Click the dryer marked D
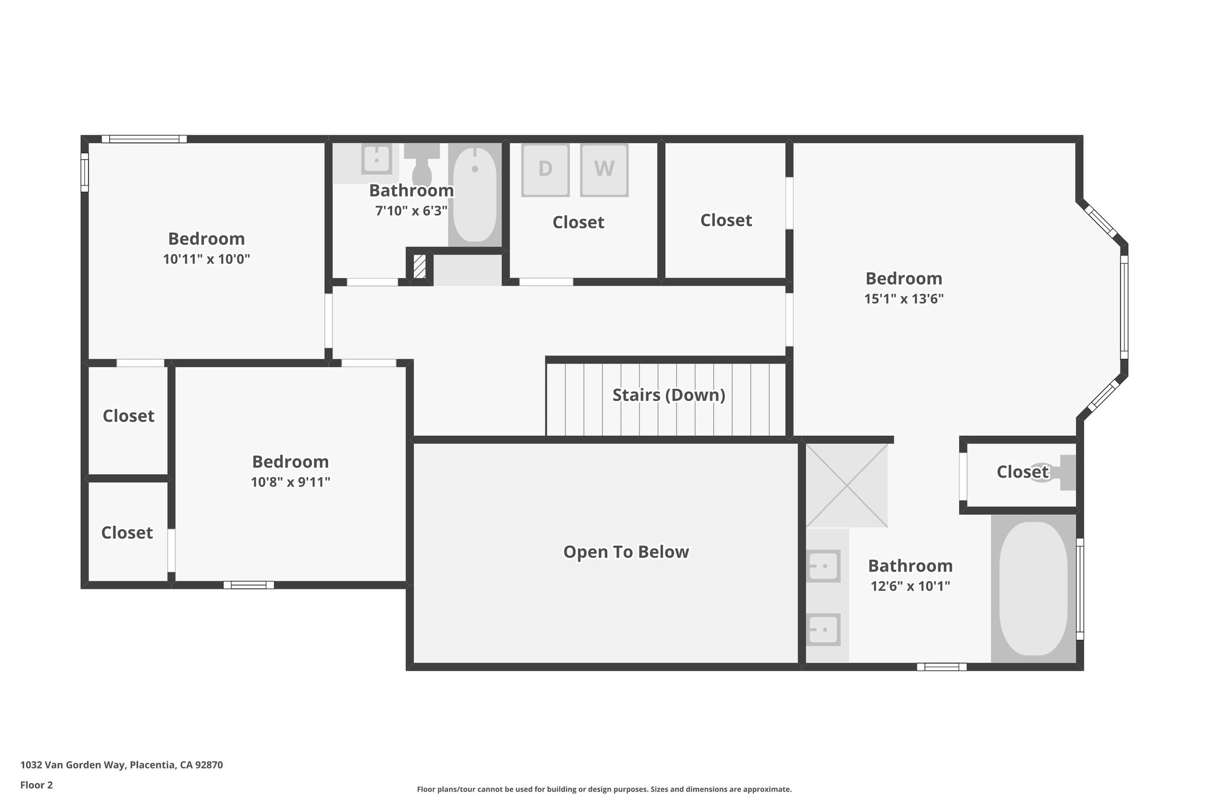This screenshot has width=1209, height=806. pyautogui.click(x=545, y=170)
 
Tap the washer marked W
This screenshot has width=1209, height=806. pyautogui.click(x=604, y=170)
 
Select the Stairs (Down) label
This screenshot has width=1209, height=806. pyautogui.click(x=669, y=395)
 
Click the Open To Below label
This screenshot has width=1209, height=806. pyautogui.click(x=626, y=552)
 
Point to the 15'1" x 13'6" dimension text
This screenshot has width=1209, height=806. pyautogui.click(x=904, y=299)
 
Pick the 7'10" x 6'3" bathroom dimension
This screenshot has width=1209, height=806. pyautogui.click(x=411, y=211)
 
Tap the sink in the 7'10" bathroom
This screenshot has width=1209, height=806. pyautogui.click(x=376, y=159)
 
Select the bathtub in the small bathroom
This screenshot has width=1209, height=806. pyautogui.click(x=475, y=195)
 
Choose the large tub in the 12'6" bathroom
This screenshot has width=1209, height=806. pyautogui.click(x=1033, y=588)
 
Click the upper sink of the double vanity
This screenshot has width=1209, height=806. pyautogui.click(x=823, y=566)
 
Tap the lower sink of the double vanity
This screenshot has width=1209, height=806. pyautogui.click(x=823, y=629)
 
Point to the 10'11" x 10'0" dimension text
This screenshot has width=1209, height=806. pyautogui.click(x=207, y=259)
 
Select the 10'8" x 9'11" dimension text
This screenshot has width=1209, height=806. pyautogui.click(x=290, y=482)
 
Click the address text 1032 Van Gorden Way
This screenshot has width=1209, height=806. pyautogui.click(x=73, y=765)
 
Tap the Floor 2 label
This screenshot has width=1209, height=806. pyautogui.click(x=37, y=785)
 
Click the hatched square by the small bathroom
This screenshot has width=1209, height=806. pyautogui.click(x=420, y=266)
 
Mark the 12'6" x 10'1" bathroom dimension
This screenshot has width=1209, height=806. pyautogui.click(x=910, y=586)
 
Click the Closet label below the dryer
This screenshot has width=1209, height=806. pyautogui.click(x=579, y=223)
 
